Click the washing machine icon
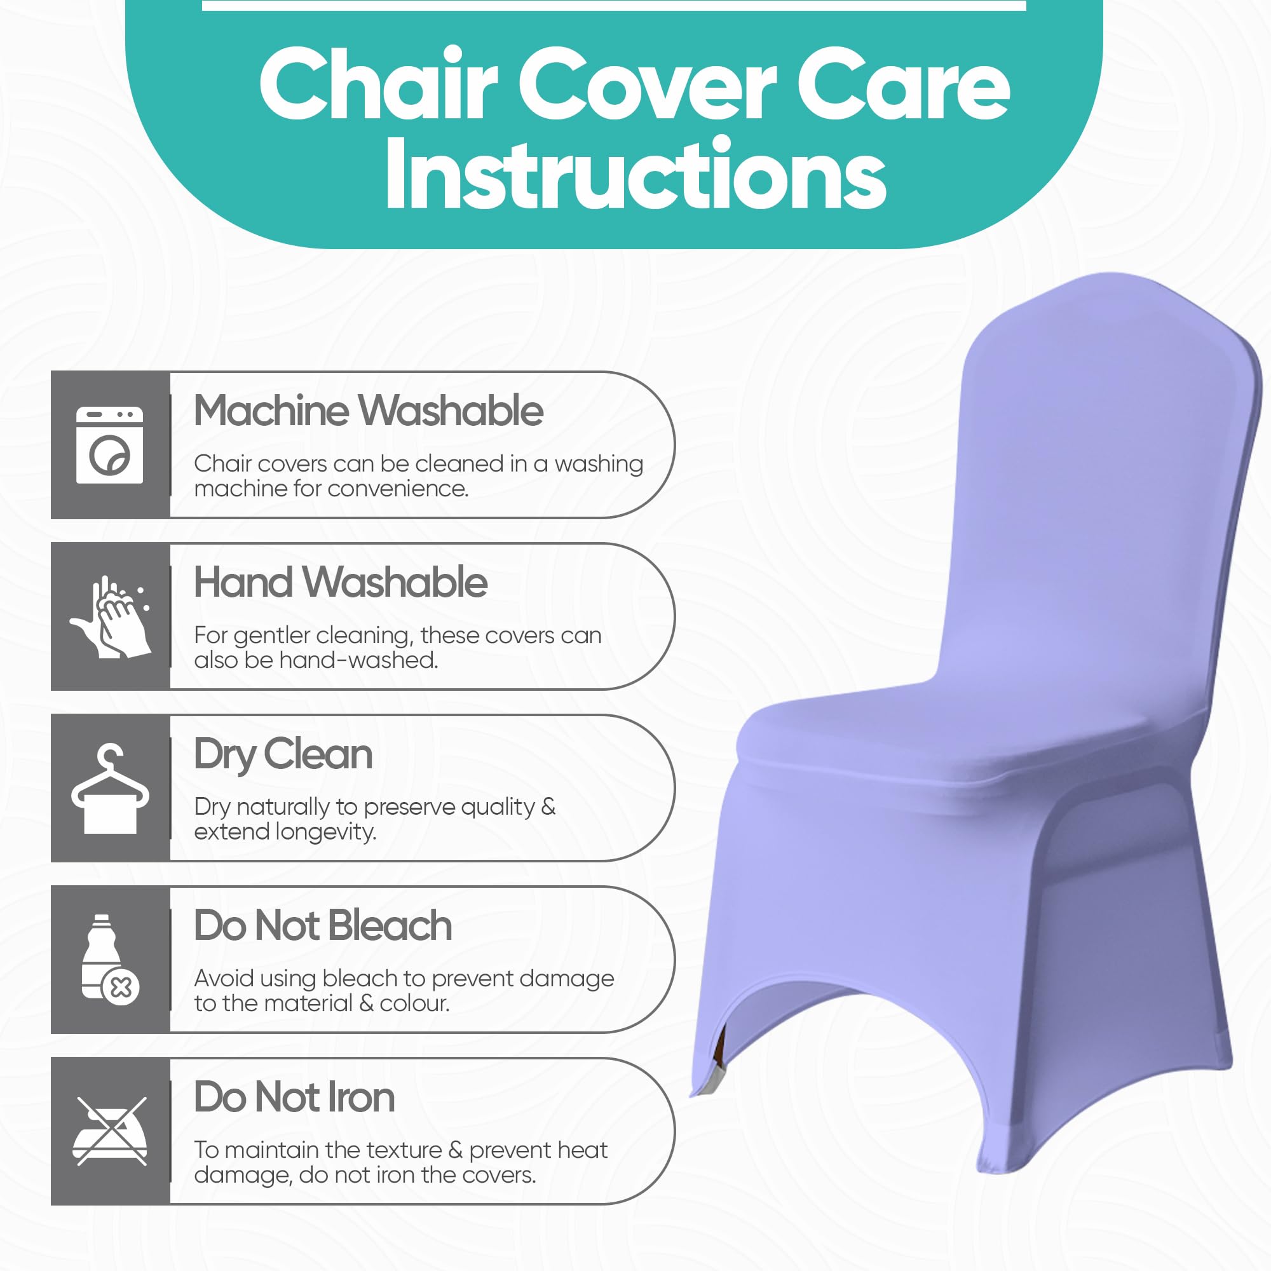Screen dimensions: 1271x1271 point(109,445)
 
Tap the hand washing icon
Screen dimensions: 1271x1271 point(111,616)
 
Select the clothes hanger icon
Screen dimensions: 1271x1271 point(110,788)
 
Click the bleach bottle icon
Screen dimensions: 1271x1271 point(110,958)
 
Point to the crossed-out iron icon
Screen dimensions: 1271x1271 point(110,1131)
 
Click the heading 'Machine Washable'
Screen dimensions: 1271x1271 point(369,411)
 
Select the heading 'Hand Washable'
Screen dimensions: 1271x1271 point(341,583)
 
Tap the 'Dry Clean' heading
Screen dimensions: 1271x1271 point(283,756)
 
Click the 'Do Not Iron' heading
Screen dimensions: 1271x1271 point(294,1098)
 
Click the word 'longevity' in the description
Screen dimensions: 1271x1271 point(326,833)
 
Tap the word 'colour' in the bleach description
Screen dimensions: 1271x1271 point(414,1003)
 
